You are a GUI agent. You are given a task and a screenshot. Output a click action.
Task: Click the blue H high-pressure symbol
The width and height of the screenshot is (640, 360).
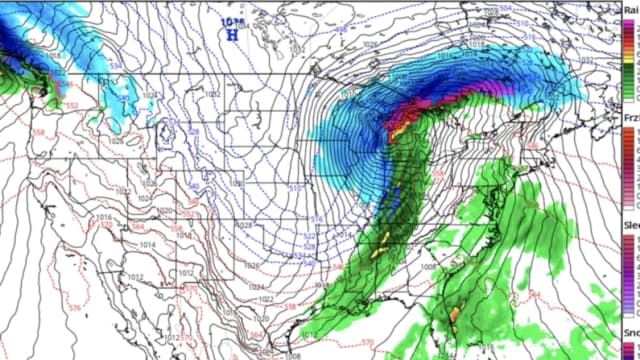coord(232,33)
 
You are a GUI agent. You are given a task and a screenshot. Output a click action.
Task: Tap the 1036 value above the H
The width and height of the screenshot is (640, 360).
coord(231,19)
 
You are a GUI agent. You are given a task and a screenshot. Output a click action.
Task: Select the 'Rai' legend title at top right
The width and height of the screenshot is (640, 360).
coord(630,9)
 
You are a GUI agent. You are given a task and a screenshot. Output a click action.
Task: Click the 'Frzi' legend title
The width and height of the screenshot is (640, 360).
coord(630,118)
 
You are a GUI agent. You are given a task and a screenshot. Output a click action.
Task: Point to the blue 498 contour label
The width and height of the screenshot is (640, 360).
coord(342,30)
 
